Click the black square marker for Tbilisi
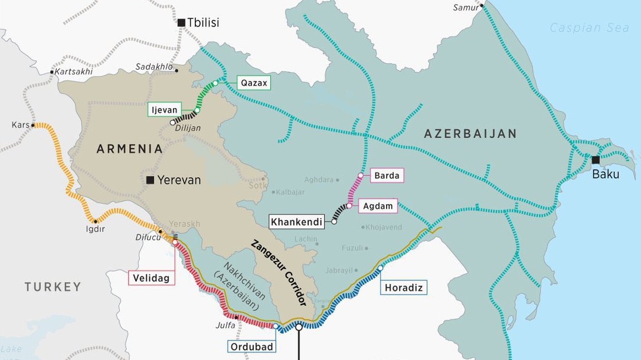pyautogui.click(x=181, y=22)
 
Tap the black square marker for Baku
pyautogui.click(x=596, y=160)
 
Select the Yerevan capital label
pyautogui.click(x=179, y=180)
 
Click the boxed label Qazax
pyautogui.click(x=254, y=83)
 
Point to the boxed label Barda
pyautogui.click(x=387, y=175)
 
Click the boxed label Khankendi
pyautogui.click(x=296, y=222)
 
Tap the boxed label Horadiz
pyautogui.click(x=404, y=287)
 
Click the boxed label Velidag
pyautogui.click(x=152, y=277)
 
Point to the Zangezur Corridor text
pyautogui.click(x=278, y=272)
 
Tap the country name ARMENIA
pyautogui.click(x=130, y=149)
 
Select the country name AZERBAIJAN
pyautogui.click(x=470, y=134)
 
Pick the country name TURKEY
pyautogui.click(x=53, y=287)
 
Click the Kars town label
pyautogui.click(x=20, y=125)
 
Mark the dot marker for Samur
pyautogui.click(x=482, y=6)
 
